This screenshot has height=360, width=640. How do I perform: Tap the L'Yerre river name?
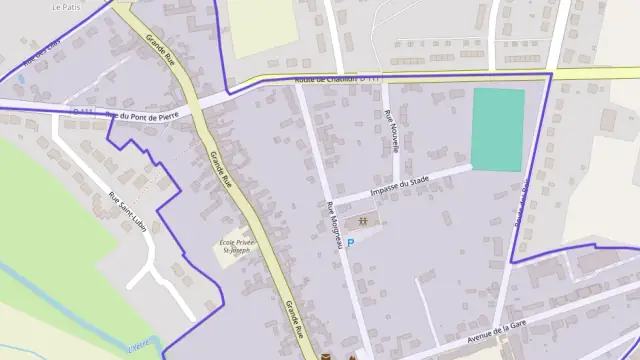[140, 347]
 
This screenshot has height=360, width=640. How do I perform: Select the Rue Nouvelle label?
[394, 131]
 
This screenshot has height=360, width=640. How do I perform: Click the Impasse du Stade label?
[400, 183]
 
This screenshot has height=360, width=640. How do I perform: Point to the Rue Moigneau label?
[335, 225]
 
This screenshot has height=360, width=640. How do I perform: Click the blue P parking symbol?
[350, 242]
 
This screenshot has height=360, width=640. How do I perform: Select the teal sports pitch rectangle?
[497, 129]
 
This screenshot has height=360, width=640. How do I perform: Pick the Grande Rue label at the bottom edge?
[293, 322]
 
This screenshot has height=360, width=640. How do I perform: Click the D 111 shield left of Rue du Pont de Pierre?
[84, 111]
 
